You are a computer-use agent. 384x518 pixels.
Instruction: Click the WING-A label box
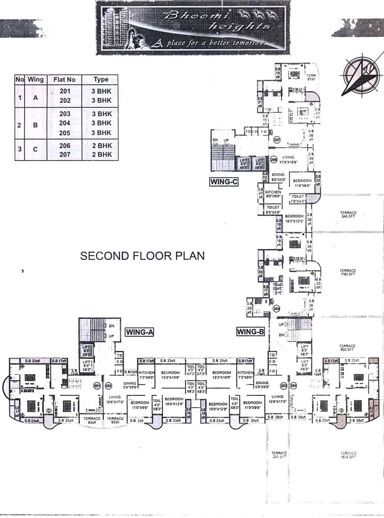140,332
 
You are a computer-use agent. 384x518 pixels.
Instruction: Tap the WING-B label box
251,332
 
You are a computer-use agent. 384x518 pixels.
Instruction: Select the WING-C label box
224,182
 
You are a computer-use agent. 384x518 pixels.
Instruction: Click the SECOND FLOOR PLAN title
142,256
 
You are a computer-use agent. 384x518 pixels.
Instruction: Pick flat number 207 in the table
65,155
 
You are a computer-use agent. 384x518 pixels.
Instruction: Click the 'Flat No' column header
64,79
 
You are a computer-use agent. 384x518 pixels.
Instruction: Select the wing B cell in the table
35,125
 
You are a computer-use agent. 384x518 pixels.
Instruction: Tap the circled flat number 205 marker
277,309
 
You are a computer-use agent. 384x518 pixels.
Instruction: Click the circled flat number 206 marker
274,160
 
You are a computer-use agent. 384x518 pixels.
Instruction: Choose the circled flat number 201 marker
97,386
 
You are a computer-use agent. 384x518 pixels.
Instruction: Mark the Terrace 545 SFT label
348,215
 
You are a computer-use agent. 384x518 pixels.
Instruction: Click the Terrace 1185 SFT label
348,272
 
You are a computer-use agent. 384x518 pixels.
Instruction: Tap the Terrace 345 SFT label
279,454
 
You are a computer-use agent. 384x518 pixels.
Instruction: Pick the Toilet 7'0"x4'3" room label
298,199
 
